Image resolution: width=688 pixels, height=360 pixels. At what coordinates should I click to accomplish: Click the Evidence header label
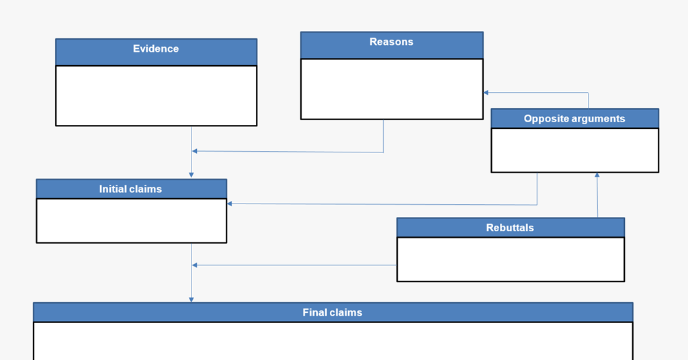pos(156,49)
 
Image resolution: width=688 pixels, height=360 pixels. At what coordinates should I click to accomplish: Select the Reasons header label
pos(391,42)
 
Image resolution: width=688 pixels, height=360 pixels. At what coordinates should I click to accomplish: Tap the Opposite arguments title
pos(574,119)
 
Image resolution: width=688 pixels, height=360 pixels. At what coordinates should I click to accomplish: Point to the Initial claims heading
pos(130,189)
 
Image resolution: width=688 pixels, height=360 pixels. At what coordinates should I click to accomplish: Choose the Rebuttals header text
pos(510,228)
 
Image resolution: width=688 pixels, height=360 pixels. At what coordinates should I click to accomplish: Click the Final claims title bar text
pos(332,312)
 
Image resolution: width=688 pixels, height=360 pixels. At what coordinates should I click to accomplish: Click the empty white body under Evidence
pos(156,95)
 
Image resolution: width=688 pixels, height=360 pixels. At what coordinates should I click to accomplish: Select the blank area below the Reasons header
pos(391,89)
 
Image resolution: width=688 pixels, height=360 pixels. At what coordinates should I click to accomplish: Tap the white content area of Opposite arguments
pos(574,150)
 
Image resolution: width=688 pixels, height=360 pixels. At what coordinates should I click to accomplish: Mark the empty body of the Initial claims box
pos(131,220)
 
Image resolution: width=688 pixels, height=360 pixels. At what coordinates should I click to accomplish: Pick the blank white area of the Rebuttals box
pos(510,259)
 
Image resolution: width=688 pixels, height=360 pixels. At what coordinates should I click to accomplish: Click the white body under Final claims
pos(333,341)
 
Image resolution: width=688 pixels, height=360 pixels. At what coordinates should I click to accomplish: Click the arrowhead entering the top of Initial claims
pos(191,175)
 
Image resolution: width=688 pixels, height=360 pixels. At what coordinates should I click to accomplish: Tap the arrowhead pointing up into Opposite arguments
pos(597,176)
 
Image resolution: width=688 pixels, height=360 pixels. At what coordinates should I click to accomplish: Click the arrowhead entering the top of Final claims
pos(191,299)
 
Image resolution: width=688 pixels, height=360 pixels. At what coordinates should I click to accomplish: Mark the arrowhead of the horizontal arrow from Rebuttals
pos(195,265)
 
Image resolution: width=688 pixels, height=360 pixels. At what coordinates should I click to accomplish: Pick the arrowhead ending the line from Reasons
pos(195,151)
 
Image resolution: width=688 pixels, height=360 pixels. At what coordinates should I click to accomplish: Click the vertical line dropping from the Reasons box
pos(384,136)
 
